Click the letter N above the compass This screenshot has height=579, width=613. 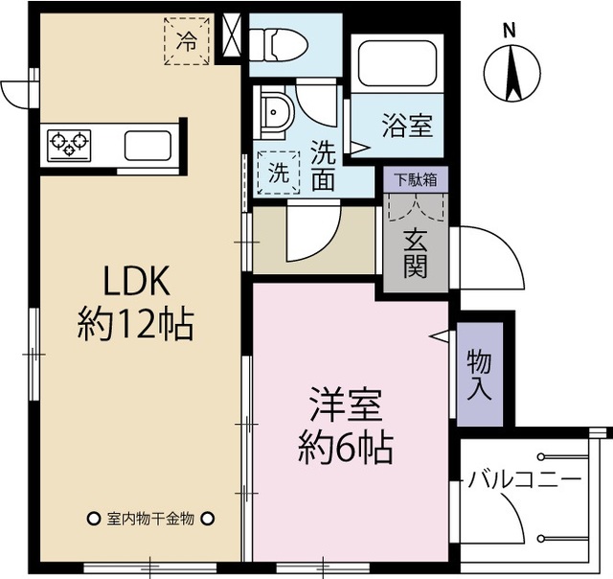click(x=511, y=30)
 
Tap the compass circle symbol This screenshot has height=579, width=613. click(x=511, y=75)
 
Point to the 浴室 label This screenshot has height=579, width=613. click(x=406, y=125)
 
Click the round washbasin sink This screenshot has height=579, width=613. click(x=277, y=112)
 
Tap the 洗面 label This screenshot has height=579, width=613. click(x=323, y=164)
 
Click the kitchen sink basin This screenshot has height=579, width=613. click(x=148, y=147)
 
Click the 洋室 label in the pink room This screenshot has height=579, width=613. click(x=346, y=405)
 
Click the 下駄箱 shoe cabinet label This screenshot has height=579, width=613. click(x=416, y=178)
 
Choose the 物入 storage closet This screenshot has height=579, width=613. click(x=480, y=374)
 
